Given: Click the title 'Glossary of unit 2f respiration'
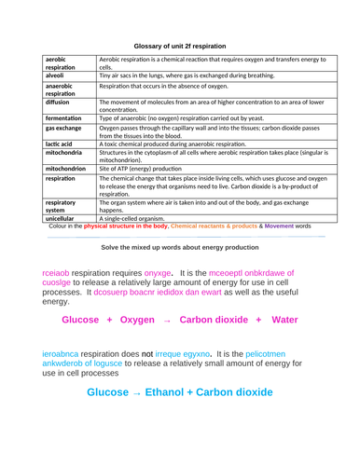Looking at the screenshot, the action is [180, 46].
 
